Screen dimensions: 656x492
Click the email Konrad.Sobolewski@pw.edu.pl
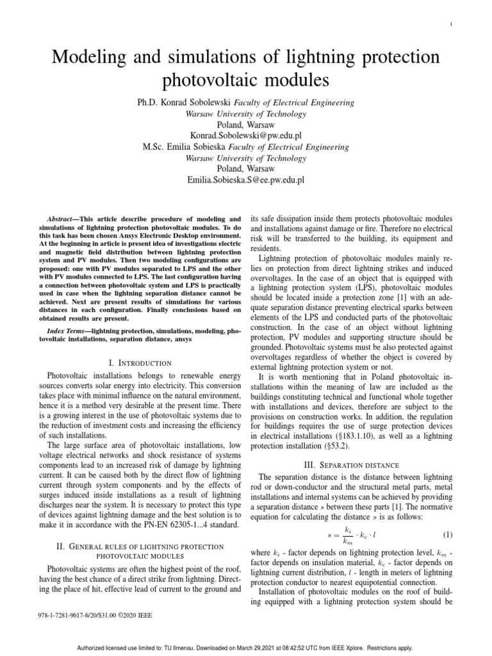246,136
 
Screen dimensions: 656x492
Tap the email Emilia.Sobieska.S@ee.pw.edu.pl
246,181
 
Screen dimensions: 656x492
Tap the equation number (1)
448,534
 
